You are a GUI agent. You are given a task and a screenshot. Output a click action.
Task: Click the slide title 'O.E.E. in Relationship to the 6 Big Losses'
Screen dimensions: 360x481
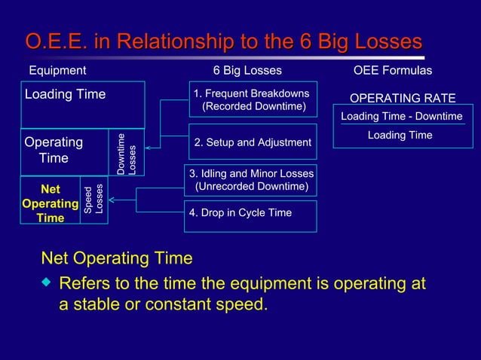(223, 41)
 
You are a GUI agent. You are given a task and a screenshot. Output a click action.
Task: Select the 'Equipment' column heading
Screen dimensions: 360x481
(57, 71)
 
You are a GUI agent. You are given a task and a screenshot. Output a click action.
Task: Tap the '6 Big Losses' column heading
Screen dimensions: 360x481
(247, 71)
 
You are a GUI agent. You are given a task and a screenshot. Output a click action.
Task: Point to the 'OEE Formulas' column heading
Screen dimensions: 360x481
(393, 71)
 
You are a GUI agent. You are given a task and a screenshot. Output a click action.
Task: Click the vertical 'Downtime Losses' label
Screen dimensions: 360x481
(127, 154)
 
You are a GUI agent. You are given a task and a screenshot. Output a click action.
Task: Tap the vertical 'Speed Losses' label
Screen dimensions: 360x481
(93, 201)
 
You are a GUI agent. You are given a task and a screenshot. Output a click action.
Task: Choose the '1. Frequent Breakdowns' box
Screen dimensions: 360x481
(251, 100)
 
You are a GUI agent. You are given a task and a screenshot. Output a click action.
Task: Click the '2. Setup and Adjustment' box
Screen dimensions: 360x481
(252, 142)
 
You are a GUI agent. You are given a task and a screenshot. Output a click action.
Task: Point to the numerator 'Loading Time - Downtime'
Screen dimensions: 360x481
(401, 117)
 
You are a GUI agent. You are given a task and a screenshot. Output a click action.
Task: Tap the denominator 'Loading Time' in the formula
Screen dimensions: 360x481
(400, 136)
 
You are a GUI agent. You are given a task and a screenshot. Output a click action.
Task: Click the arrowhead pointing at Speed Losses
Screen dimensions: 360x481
(112, 201)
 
